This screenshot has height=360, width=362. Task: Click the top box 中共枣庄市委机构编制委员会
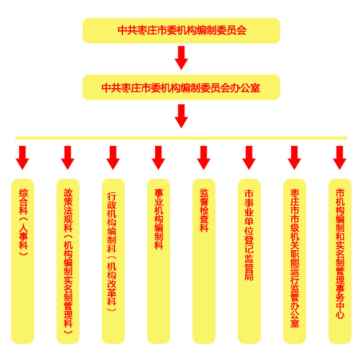[x=181, y=30]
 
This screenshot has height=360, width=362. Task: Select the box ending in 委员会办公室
[x=181, y=88]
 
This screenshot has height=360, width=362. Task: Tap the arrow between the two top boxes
[x=181, y=58]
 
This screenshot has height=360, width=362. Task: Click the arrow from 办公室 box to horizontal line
[x=181, y=116]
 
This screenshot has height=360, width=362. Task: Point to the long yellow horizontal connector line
[x=181, y=138]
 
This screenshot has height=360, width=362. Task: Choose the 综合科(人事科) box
[x=22, y=261]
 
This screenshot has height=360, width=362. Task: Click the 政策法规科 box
[x=68, y=261]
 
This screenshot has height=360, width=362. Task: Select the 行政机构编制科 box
[x=113, y=261]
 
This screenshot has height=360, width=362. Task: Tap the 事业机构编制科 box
[x=158, y=261]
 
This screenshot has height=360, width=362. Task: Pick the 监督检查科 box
[x=204, y=261]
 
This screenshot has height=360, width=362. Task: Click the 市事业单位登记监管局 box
[x=249, y=261]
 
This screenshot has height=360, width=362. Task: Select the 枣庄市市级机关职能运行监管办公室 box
[x=294, y=261]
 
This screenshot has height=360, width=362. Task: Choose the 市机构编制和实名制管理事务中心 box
[x=340, y=261]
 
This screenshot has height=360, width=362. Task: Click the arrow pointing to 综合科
[x=22, y=158]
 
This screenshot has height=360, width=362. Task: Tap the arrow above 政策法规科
[x=68, y=158]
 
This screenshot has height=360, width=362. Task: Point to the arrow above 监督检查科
[x=204, y=158]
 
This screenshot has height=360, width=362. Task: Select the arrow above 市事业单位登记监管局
[x=249, y=158]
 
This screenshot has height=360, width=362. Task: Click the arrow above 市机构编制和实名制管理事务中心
[x=340, y=158]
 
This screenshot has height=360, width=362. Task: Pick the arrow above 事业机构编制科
[x=158, y=158]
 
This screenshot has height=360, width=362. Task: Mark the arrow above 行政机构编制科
[x=113, y=158]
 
